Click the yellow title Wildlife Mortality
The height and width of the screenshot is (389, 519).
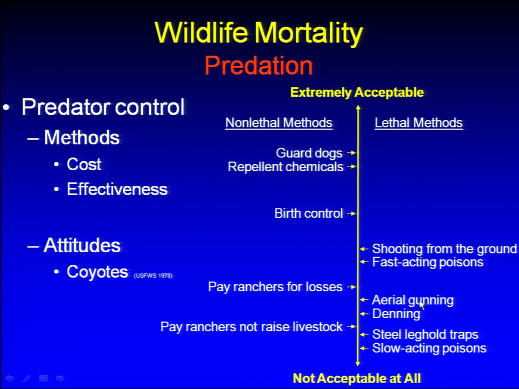click(x=259, y=33)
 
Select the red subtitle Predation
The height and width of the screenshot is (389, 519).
click(x=258, y=65)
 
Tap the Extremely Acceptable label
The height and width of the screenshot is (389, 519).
click(x=357, y=92)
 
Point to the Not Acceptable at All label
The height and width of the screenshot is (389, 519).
click(x=357, y=378)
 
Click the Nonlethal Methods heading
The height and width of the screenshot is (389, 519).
click(x=279, y=123)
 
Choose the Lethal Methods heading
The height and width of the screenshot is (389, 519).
click(x=418, y=123)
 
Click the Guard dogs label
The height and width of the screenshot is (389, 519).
click(x=309, y=153)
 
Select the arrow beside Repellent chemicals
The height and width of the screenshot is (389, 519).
click(x=351, y=166)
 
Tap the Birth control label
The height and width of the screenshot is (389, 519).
click(x=309, y=213)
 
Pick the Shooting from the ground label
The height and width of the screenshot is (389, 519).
click(x=444, y=249)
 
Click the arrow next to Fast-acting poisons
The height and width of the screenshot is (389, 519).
click(x=364, y=262)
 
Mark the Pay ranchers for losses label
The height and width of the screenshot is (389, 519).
click(x=275, y=287)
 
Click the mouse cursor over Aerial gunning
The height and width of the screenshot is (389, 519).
click(x=422, y=305)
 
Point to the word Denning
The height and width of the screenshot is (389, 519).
click(x=396, y=313)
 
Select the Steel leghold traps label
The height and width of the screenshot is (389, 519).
click(x=425, y=334)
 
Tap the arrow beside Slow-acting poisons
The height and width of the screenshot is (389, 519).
click(x=364, y=348)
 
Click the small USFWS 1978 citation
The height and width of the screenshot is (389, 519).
click(x=153, y=276)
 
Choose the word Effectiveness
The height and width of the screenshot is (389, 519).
click(x=117, y=189)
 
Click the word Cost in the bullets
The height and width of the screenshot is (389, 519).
click(x=84, y=164)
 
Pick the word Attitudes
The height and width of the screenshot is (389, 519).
click(x=82, y=245)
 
